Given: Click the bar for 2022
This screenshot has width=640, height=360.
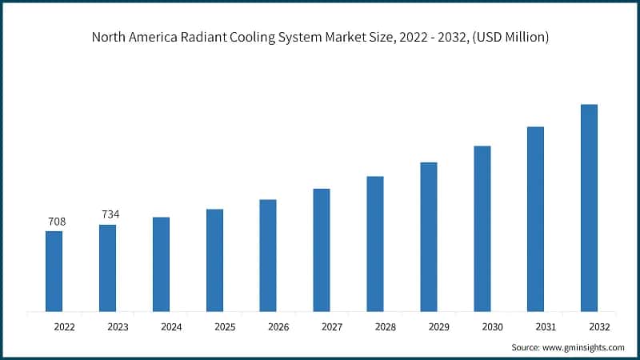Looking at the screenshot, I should [54, 271].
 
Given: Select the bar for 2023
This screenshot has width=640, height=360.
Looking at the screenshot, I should [107, 268].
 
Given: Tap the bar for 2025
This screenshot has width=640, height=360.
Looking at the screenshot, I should [214, 260].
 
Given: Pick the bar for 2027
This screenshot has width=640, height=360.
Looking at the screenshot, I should [321, 250].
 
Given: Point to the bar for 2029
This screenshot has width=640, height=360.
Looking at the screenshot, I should [429, 237].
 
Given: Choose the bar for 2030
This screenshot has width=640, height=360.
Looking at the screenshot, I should [482, 229].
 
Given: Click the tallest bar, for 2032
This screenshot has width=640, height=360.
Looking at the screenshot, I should [589, 208].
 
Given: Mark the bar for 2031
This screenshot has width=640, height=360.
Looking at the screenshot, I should [535, 219].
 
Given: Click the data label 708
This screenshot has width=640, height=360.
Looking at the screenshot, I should [56, 222].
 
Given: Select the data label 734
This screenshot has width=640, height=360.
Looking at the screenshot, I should [110, 214].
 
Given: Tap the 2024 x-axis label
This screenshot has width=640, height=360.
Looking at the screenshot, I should [171, 327].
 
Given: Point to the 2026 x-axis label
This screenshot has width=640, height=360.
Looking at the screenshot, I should [278, 327].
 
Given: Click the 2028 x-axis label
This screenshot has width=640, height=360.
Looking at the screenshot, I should [386, 327].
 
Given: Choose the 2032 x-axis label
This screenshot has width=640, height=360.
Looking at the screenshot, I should [599, 327].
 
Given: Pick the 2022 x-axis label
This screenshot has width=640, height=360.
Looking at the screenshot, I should [64, 327].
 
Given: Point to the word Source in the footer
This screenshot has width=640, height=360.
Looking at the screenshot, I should [526, 347].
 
